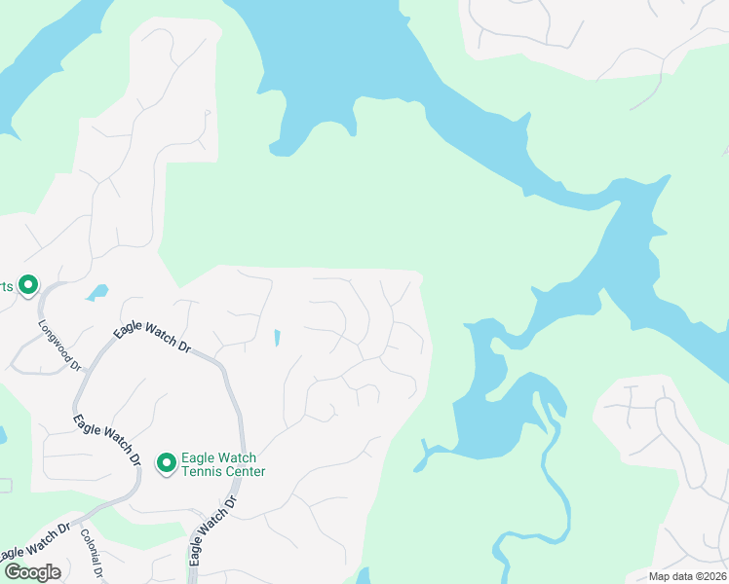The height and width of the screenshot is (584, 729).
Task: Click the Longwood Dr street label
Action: click(59, 346)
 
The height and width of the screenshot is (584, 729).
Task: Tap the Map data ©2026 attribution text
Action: click(687, 576)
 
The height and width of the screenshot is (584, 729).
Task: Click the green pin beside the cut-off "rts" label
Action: click(28, 285)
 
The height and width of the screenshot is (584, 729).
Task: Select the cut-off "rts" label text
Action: click(6, 286)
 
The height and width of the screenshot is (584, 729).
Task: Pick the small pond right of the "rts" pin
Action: click(96, 291)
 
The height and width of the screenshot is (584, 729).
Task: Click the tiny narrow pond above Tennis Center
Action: click(276, 338)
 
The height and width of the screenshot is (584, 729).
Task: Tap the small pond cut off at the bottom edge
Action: click(363, 576)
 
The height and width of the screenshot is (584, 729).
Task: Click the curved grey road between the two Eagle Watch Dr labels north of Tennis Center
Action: click(232, 389)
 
